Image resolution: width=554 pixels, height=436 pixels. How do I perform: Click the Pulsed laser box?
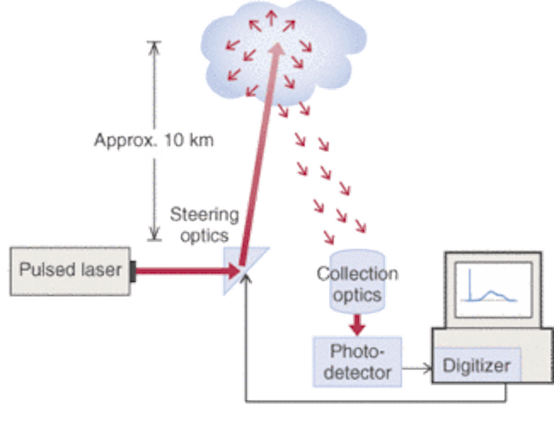(69, 268)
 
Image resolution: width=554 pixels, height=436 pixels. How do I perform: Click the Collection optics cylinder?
(355, 284)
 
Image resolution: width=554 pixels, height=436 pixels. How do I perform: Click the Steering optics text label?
(206, 224)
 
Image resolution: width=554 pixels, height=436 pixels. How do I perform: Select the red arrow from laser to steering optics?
(182, 271)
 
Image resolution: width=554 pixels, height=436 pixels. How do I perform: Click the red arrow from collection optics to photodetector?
(356, 324)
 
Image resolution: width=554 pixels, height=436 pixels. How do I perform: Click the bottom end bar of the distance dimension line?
(152, 240)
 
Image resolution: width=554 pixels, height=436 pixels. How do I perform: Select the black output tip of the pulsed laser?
(134, 269)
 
